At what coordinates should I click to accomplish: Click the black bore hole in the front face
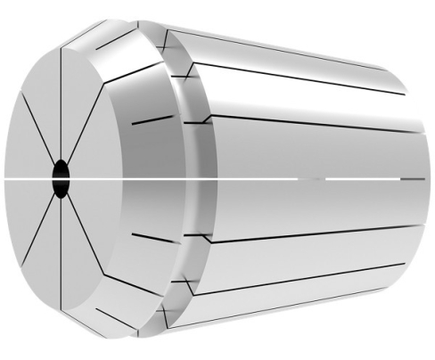pyautogui.click(x=61, y=176)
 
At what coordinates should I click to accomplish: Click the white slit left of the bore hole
pyautogui.click(x=27, y=178)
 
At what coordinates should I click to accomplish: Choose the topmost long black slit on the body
pyautogui.click(x=294, y=53)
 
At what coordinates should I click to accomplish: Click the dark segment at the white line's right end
pyautogui.click(x=411, y=178)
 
